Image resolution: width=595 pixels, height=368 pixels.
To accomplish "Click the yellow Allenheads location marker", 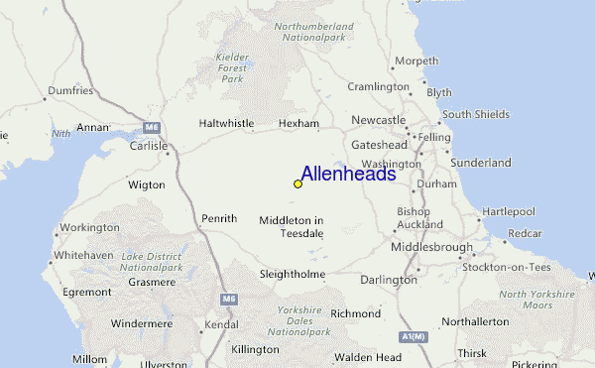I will point(297,184).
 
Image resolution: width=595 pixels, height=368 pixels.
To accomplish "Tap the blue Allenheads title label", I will point(348,175).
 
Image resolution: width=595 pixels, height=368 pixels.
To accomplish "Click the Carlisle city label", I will point(150,145).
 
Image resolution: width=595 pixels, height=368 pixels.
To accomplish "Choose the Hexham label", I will point(298,124).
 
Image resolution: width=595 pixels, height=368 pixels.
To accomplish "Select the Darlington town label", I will point(388,280).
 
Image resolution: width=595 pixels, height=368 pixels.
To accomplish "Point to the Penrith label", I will point(218,218).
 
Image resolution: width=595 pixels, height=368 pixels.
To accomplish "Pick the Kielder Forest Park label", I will point(232,67).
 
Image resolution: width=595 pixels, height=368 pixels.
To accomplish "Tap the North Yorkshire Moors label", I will point(536,300).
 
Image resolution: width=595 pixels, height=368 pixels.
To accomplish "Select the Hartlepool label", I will point(509,211).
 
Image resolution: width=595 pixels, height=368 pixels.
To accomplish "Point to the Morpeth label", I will point(416,61).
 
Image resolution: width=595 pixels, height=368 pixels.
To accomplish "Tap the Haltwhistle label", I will point(227,124).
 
